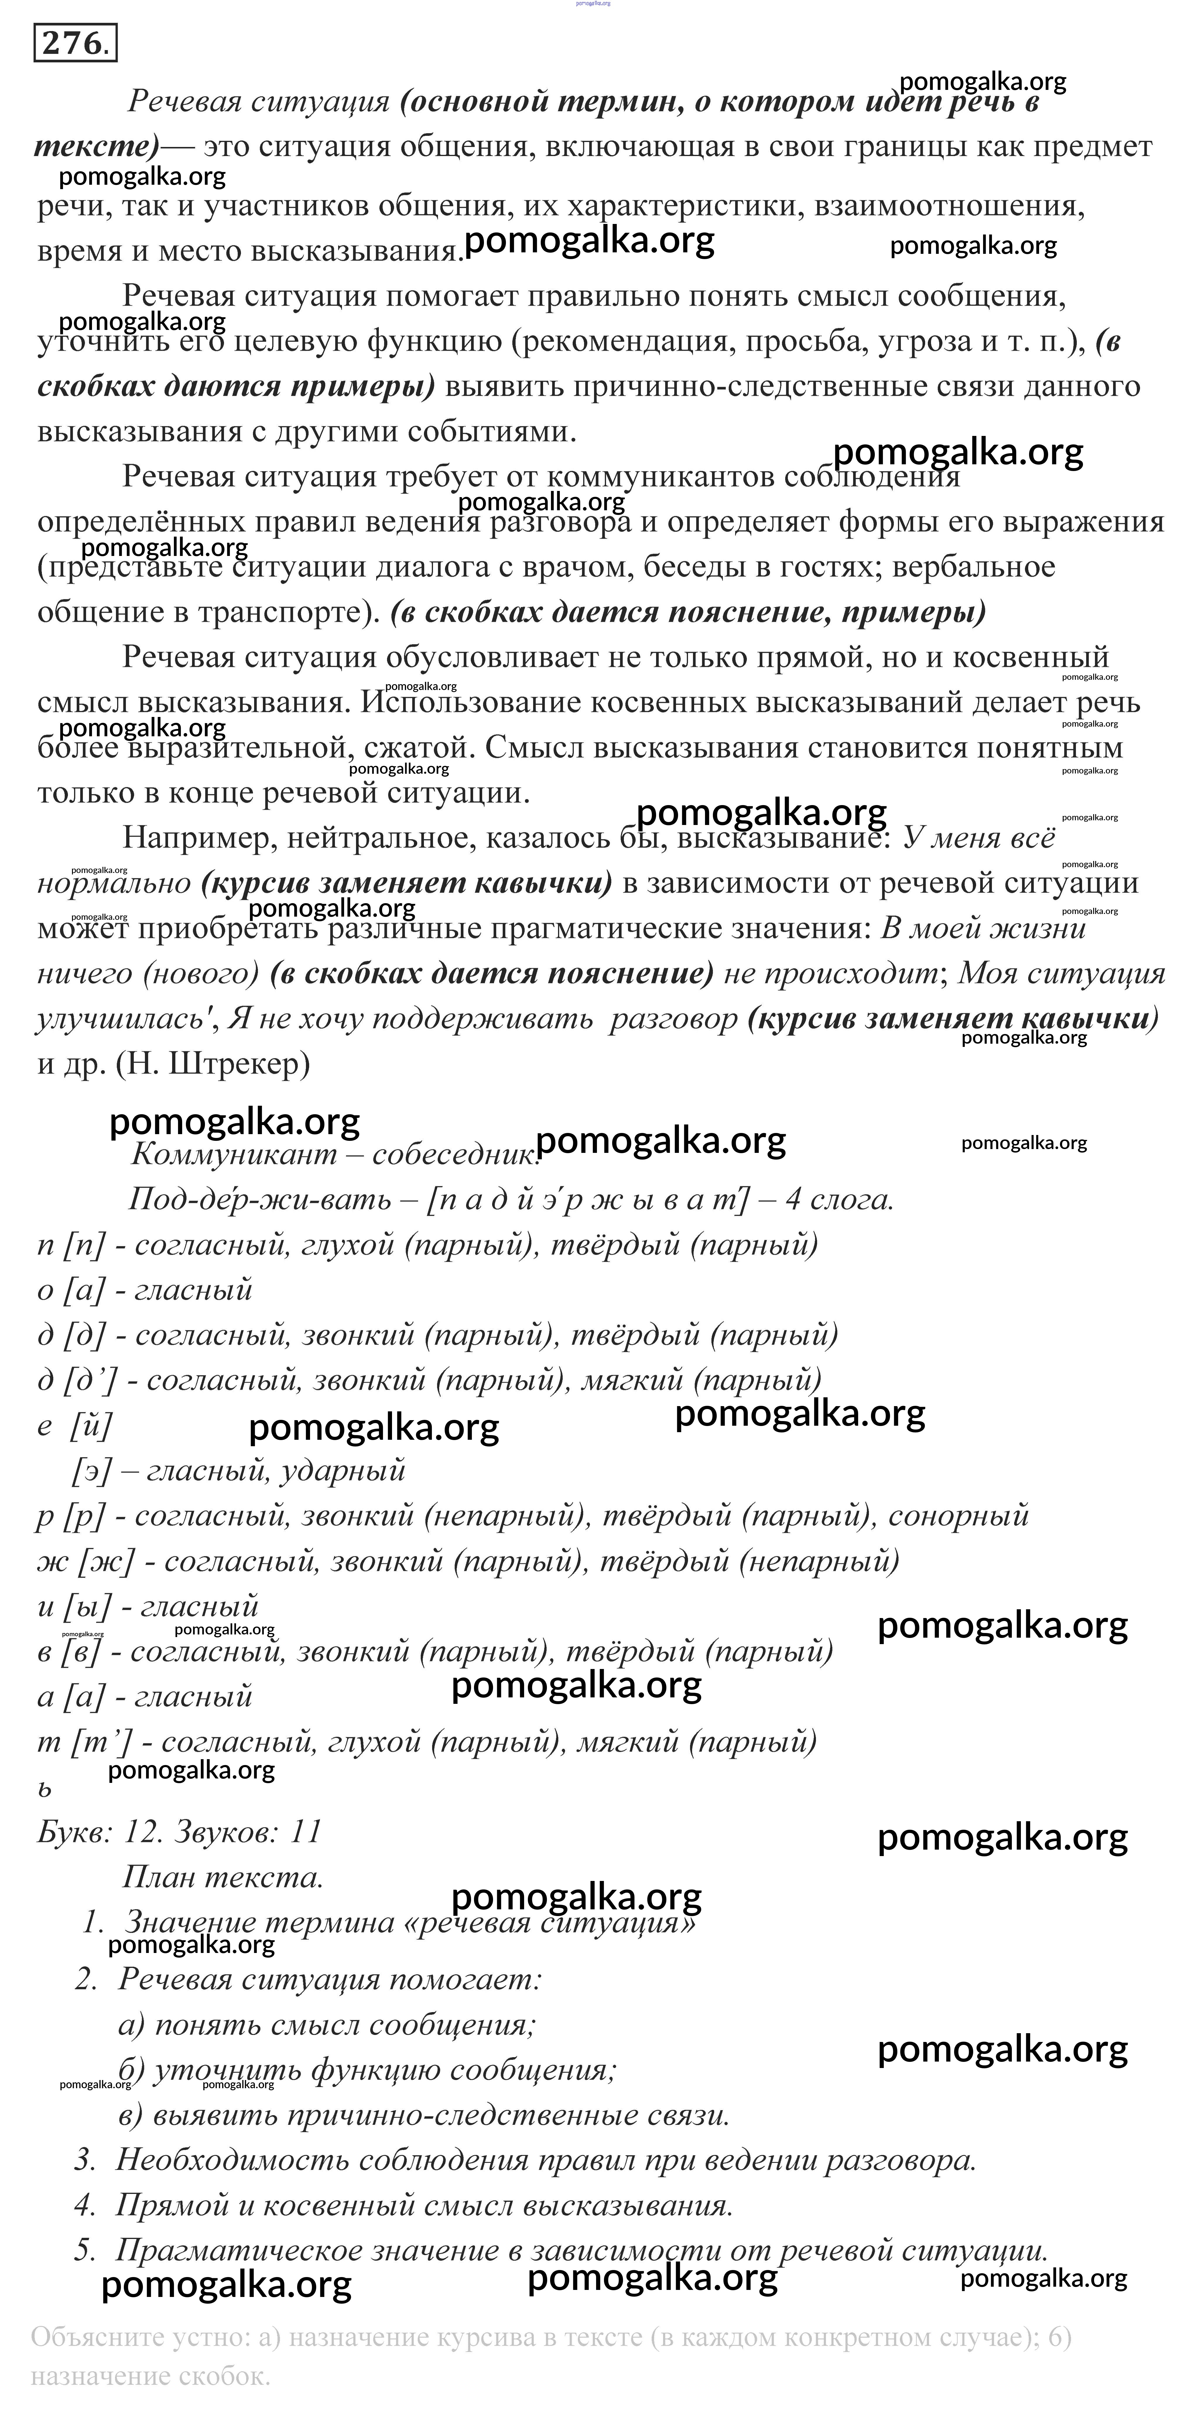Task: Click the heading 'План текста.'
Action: [223, 1877]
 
